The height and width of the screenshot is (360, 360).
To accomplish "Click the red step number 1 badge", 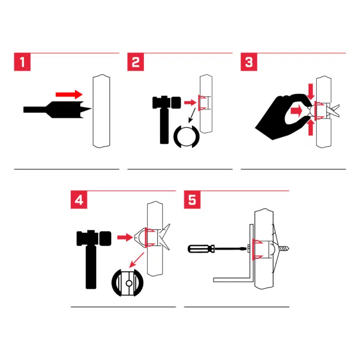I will (x=22, y=63).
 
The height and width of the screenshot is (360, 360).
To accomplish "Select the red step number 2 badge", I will (x=136, y=63).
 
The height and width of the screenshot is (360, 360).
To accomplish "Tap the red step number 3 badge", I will (x=249, y=63).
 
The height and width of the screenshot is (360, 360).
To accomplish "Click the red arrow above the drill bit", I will (x=68, y=94).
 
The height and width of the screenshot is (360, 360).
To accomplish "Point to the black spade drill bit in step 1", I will (x=57, y=109).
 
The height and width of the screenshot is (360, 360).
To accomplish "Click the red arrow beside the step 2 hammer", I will (x=190, y=103).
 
